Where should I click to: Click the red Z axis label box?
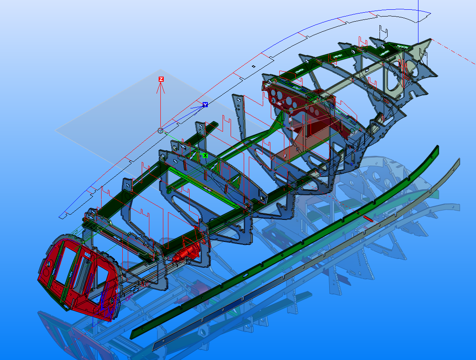click(161, 79)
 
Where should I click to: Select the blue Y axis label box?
click(205, 105)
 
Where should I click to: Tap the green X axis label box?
click(205, 155)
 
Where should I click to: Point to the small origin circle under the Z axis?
click(160, 130)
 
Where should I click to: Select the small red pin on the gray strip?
click(368, 219)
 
